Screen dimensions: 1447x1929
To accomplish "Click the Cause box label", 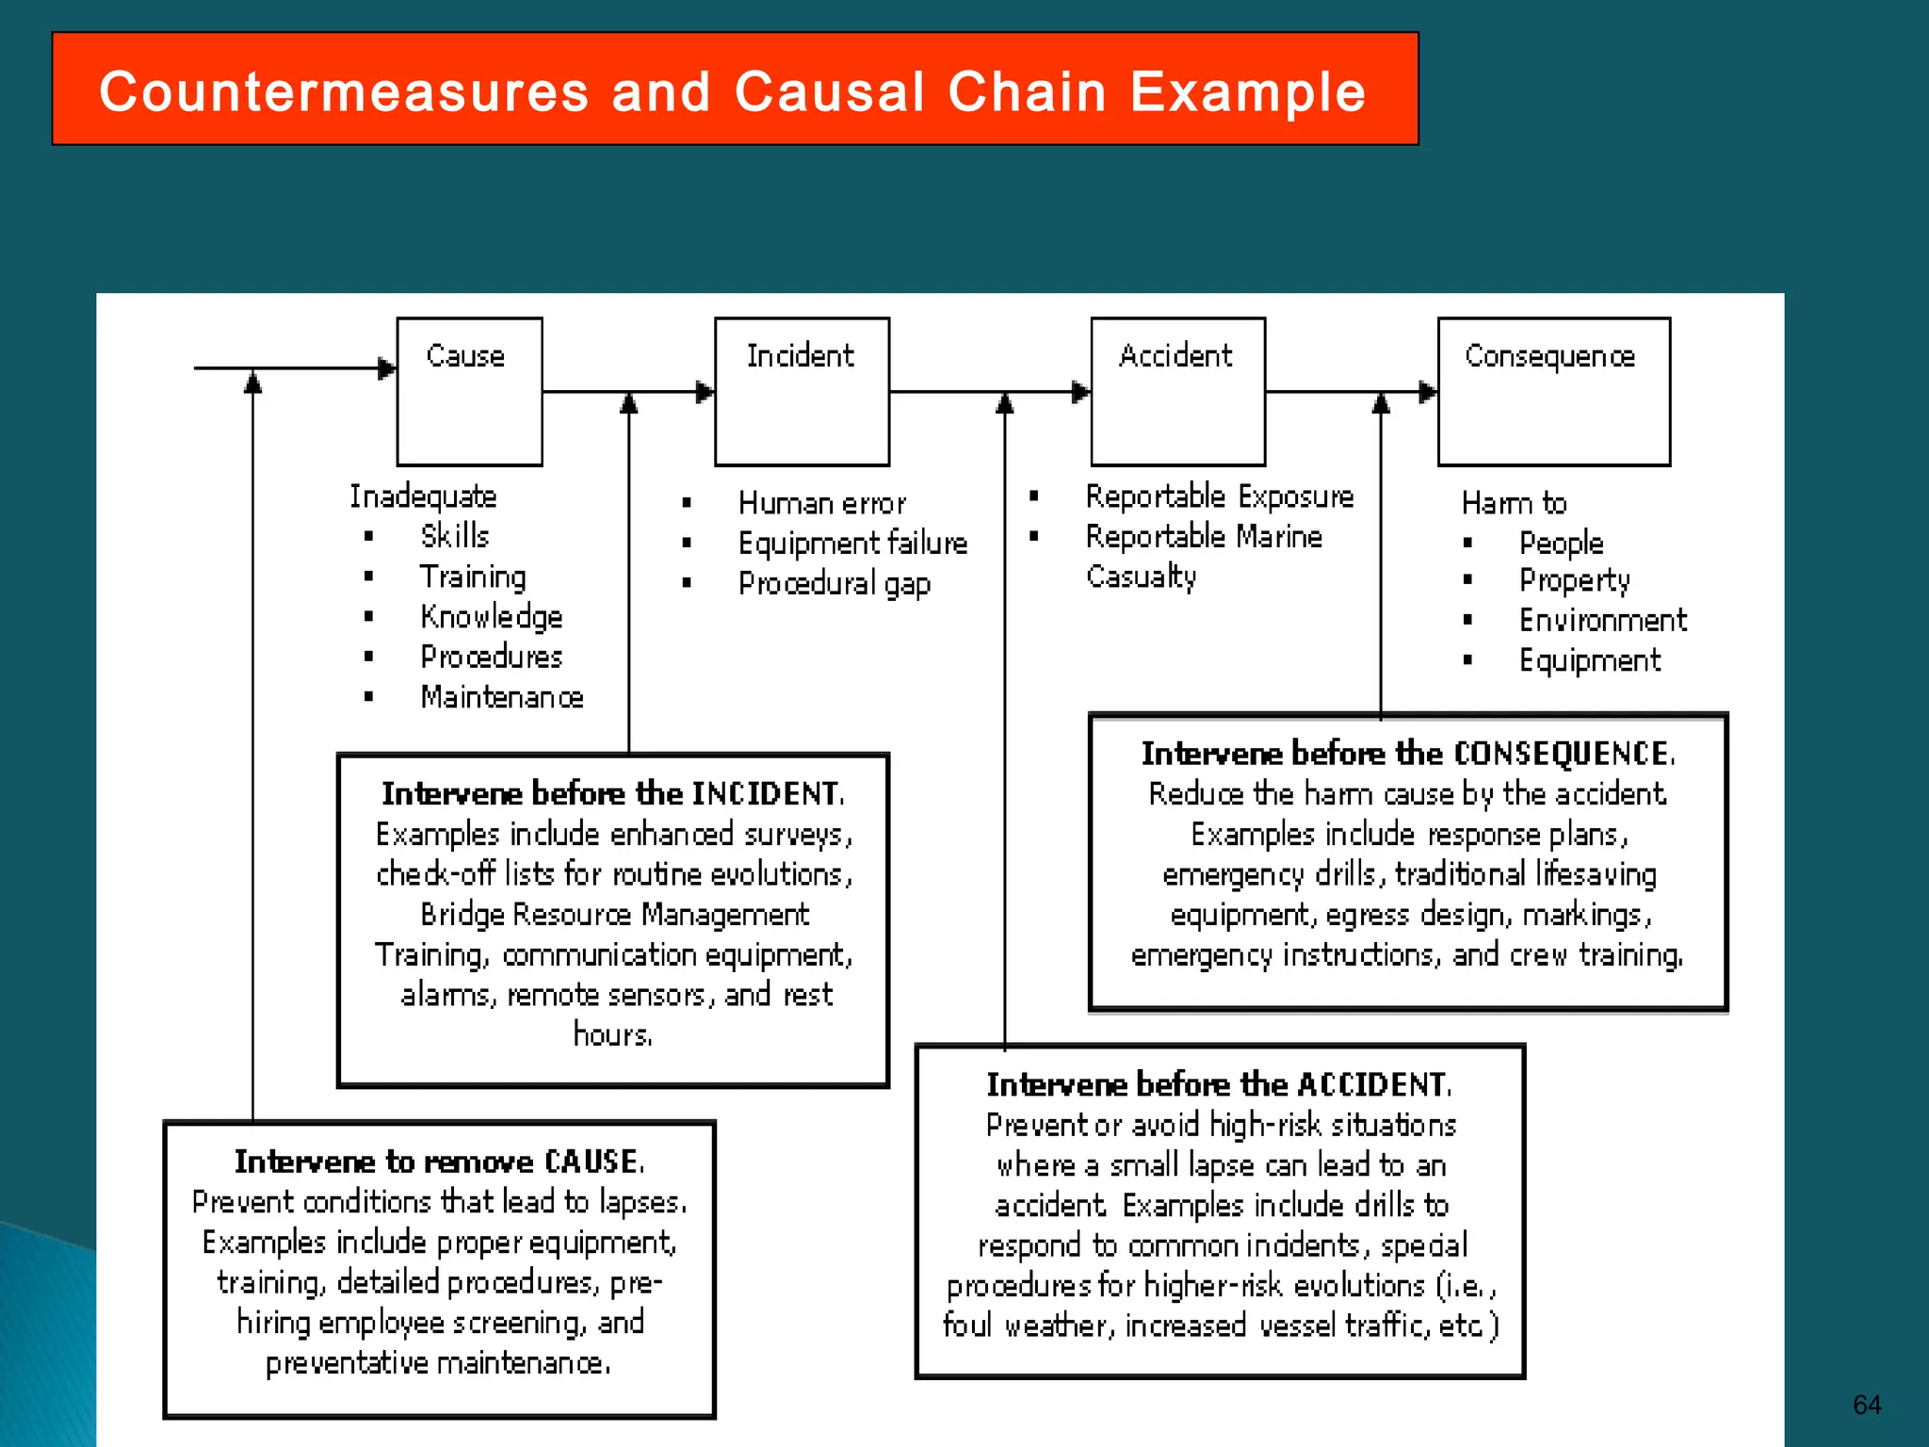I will [465, 356].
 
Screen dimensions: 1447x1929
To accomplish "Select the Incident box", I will [802, 392].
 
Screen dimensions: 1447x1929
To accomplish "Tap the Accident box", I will [1177, 392].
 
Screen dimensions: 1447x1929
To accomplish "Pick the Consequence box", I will [1553, 392].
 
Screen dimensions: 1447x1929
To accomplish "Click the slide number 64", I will [1866, 1405].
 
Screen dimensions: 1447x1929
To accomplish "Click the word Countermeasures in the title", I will [344, 92].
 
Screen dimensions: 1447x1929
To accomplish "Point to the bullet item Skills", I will [455, 536].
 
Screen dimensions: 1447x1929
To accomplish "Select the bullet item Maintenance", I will [502, 697].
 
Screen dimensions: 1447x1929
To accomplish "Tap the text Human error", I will [822, 503].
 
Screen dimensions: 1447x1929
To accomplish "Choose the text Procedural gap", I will [835, 584].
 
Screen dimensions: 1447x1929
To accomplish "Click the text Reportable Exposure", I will [1220, 496].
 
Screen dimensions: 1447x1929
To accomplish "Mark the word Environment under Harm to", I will [1602, 620].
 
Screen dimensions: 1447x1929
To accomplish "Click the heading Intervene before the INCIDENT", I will [613, 793].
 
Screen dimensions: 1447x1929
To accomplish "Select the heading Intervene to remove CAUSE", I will [440, 1162].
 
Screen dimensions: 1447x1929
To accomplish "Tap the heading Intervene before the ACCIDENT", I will [1220, 1084].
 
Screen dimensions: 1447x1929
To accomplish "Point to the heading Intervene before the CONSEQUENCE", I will [1408, 754].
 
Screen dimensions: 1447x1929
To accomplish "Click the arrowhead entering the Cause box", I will [387, 368].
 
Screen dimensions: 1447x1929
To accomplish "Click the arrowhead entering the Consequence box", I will [1428, 392].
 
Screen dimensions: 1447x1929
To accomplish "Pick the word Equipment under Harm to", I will [1589, 660].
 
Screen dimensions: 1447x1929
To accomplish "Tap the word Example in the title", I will [1248, 92].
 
